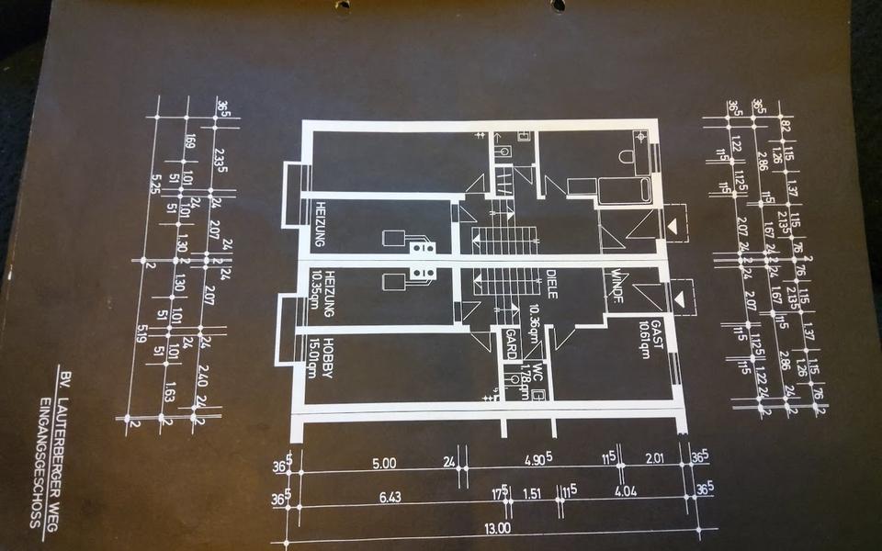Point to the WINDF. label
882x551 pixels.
(x=616, y=286)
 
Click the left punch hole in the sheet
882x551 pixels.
(x=342, y=6)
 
